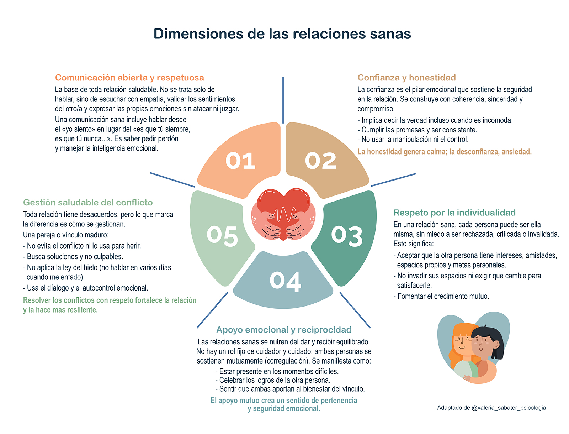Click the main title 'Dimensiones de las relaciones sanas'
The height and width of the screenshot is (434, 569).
[x=282, y=34]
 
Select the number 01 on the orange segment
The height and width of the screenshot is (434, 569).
[x=240, y=161]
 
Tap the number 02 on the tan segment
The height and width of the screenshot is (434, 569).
[x=320, y=161]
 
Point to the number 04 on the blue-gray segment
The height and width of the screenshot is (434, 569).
[x=285, y=282]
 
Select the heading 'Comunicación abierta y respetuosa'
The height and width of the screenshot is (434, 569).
[x=129, y=78]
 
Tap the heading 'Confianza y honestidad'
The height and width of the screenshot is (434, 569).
[x=406, y=78]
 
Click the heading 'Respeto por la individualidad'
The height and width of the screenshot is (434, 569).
[x=454, y=213]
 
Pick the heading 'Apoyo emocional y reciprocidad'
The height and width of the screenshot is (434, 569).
[x=284, y=330]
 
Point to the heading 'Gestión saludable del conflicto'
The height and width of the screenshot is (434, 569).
[x=88, y=203]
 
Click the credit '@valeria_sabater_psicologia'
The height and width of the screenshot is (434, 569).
[x=509, y=408]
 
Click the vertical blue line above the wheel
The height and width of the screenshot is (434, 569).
[x=283, y=100]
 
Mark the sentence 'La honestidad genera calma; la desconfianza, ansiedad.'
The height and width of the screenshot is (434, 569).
[x=445, y=152]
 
